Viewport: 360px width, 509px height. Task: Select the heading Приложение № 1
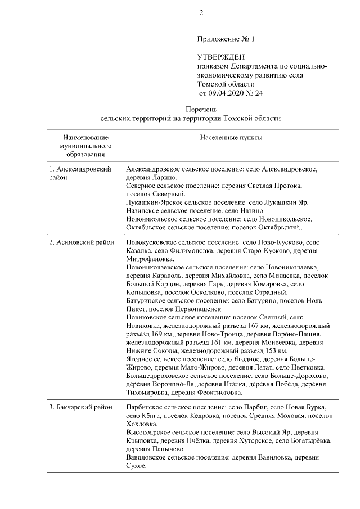click(226, 39)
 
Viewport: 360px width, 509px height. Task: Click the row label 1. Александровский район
click(79, 173)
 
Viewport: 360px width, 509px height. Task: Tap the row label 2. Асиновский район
click(81, 242)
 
